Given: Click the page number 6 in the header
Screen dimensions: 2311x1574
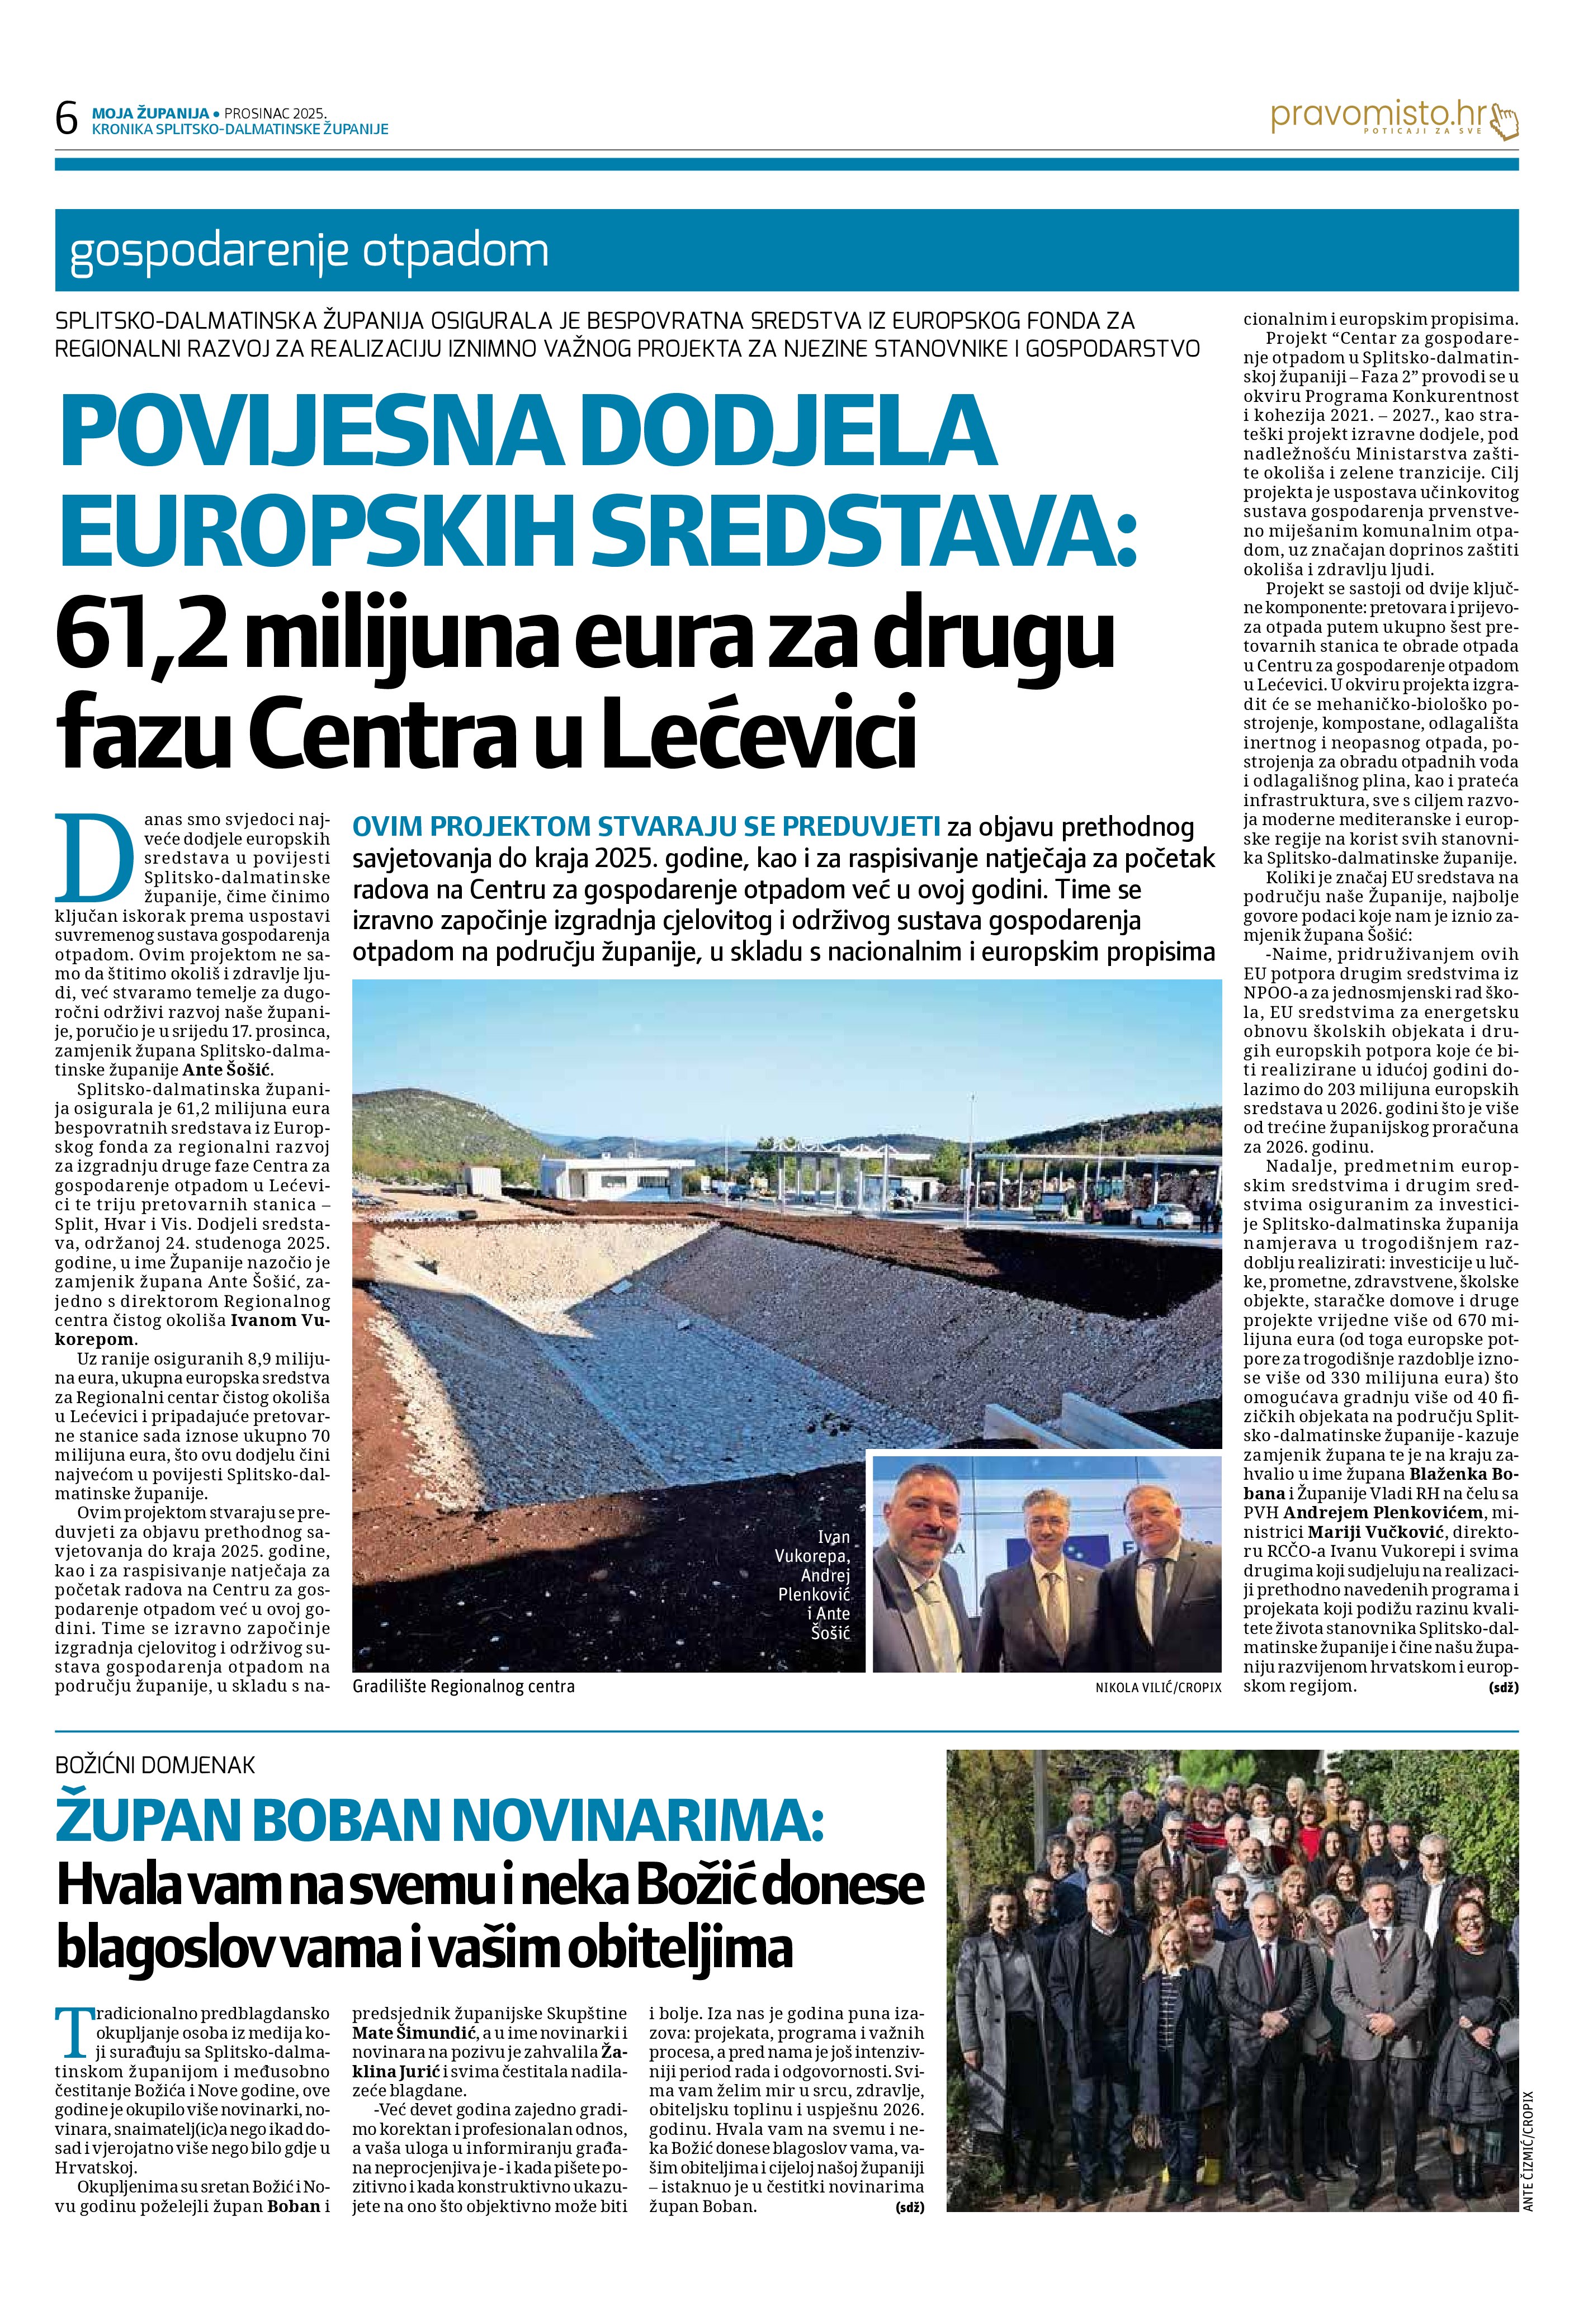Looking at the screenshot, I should coord(67,120).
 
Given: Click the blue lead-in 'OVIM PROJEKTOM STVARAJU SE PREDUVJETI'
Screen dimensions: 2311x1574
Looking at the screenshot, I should coord(646,827).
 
